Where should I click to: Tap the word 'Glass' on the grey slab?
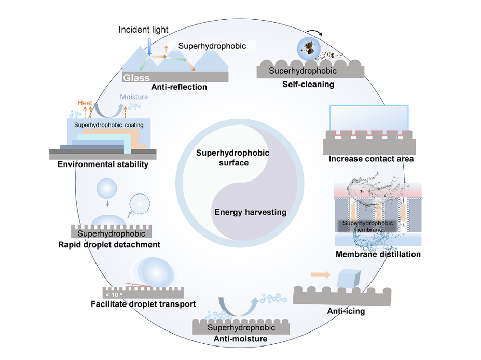[x=136, y=78]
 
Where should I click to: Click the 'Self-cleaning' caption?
[x=308, y=84]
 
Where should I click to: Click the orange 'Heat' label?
[x=86, y=103]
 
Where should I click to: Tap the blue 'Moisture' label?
[x=134, y=97]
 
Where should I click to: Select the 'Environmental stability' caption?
[x=103, y=164]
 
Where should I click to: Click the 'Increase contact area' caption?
[x=371, y=159]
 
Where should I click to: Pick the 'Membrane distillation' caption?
[x=378, y=254]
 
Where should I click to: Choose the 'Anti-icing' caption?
[x=346, y=311]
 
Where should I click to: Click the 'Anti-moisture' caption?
[x=241, y=339]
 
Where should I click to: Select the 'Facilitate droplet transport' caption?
[x=143, y=304]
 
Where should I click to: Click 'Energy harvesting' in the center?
[x=250, y=212]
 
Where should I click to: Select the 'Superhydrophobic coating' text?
[x=109, y=125]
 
